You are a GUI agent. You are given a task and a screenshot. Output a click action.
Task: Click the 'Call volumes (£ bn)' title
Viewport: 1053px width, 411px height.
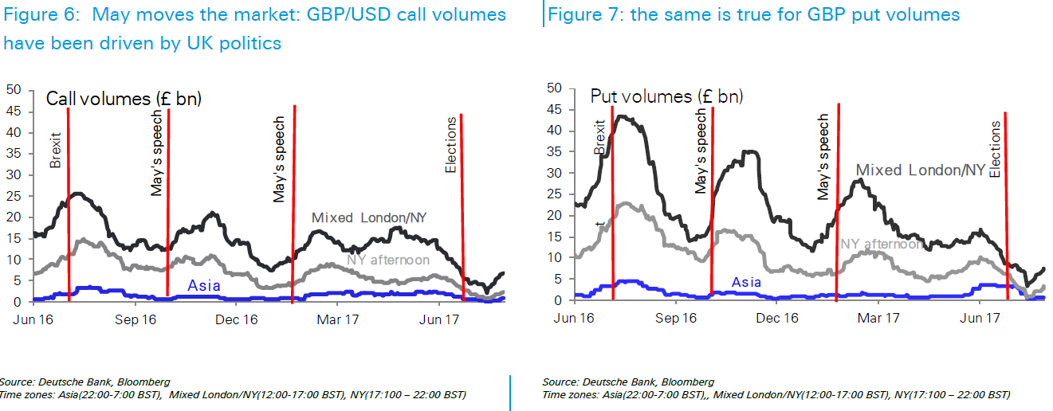[x=124, y=99]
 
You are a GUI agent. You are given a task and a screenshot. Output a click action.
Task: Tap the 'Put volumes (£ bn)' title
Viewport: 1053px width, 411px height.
[x=666, y=96]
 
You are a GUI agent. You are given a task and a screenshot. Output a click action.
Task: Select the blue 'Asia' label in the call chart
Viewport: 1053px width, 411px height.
[x=203, y=286]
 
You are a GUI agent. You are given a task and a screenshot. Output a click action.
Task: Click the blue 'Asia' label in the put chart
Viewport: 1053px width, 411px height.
[x=746, y=282]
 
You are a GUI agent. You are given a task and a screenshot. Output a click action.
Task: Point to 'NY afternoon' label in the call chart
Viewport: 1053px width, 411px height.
[x=388, y=260]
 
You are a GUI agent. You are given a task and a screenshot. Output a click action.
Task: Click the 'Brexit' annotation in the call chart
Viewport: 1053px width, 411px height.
[x=55, y=151]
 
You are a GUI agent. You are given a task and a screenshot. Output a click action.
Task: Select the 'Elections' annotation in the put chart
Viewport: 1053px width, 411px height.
[x=995, y=149]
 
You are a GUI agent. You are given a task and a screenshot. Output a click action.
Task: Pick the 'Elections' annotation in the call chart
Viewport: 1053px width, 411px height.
[x=451, y=145]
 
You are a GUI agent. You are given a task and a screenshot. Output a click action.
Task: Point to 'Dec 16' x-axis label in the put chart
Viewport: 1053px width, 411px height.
[x=777, y=318]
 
